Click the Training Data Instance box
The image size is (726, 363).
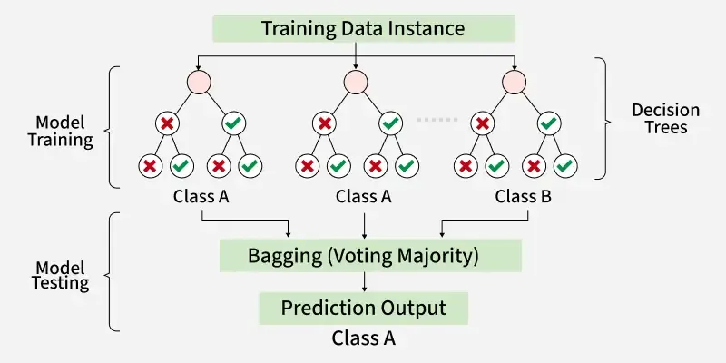tap(363, 27)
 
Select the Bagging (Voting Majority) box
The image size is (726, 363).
tap(363, 256)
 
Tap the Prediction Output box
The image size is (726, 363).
tap(363, 308)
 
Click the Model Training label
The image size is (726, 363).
tap(64, 131)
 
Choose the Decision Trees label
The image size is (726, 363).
tap(662, 118)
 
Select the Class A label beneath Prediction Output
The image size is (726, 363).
tap(363, 339)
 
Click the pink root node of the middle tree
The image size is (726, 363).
tap(357, 82)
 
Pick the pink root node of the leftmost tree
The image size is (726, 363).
tap(198, 82)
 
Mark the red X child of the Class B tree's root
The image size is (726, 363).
tap(484, 123)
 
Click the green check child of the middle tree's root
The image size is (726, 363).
tap(390, 123)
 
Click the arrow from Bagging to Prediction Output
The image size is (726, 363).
tap(363, 281)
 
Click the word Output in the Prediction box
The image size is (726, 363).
tap(414, 308)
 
